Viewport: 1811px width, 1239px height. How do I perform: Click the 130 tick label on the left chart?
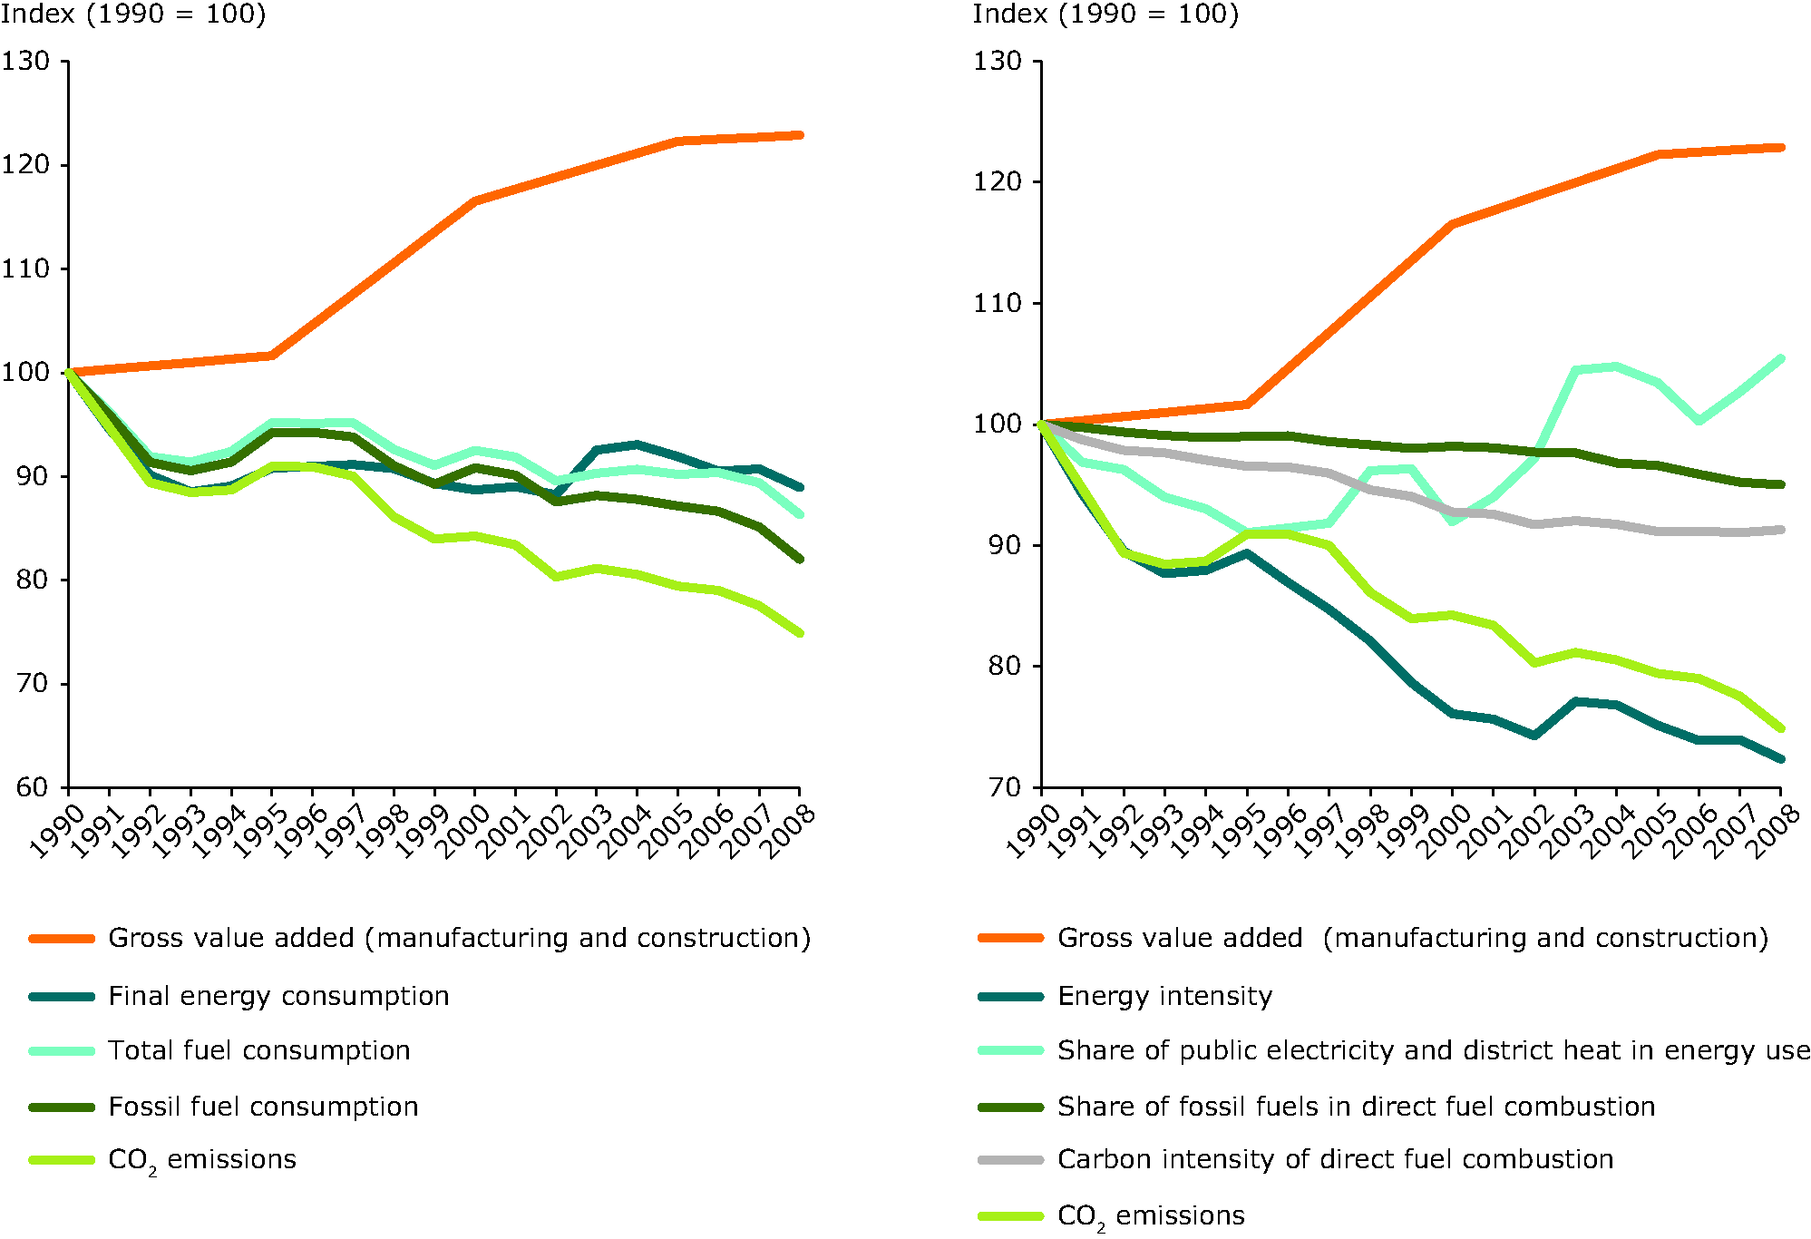click(x=25, y=62)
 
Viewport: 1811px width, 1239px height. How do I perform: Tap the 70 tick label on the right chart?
click(x=1004, y=787)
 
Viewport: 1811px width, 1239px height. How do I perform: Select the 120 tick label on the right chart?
click(x=998, y=181)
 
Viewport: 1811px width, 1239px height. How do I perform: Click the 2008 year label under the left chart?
click(x=787, y=832)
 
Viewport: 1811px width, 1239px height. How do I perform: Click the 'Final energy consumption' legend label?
click(x=278, y=996)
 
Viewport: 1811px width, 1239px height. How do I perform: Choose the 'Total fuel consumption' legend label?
click(x=259, y=1050)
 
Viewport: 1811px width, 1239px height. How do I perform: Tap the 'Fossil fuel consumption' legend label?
click(x=263, y=1107)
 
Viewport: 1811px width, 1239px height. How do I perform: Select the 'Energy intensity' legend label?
click(x=1164, y=996)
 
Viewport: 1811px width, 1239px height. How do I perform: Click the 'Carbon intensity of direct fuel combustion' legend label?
click(x=1335, y=1159)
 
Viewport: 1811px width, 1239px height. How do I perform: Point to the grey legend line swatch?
click(x=1010, y=1160)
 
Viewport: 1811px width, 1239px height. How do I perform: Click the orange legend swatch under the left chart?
click(x=62, y=939)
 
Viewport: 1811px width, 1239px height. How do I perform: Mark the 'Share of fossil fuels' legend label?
click(x=1356, y=1107)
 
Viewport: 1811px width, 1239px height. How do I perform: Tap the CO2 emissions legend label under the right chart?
click(x=1151, y=1216)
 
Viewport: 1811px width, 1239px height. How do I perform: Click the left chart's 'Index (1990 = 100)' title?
click(x=133, y=15)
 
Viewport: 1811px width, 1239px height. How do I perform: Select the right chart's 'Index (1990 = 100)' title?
click(x=1105, y=15)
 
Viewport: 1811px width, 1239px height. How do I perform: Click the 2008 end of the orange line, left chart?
click(x=799, y=135)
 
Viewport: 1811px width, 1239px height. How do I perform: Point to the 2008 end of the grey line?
click(x=1781, y=530)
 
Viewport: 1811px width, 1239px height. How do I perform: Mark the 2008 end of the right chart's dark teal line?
click(x=1781, y=759)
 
